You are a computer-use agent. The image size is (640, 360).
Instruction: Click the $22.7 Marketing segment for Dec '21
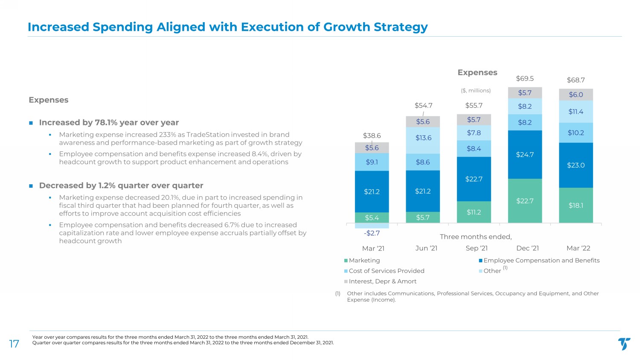pyautogui.click(x=525, y=200)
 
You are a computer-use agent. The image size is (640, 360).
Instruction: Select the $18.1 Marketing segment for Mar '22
pyautogui.click(x=576, y=205)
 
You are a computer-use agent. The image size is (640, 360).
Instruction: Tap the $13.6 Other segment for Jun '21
pyautogui.click(x=423, y=138)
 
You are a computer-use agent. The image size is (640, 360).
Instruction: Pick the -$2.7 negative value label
pyautogui.click(x=372, y=233)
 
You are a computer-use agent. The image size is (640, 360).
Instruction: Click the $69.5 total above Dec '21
pyautogui.click(x=525, y=78)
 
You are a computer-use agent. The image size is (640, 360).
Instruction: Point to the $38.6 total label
pyautogui.click(x=372, y=136)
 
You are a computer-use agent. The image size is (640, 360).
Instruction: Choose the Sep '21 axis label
pyautogui.click(x=477, y=248)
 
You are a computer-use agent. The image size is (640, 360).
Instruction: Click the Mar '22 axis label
pyautogui.click(x=578, y=248)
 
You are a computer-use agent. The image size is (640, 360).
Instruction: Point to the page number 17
pyautogui.click(x=14, y=344)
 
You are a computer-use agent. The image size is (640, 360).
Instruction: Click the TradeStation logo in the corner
pyautogui.click(x=624, y=343)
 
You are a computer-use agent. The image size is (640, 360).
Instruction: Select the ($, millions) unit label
pyautogui.click(x=476, y=90)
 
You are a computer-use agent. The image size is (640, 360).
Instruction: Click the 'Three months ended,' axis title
pyautogui.click(x=475, y=237)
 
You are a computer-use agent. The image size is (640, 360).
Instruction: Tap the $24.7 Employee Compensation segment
pyautogui.click(x=525, y=154)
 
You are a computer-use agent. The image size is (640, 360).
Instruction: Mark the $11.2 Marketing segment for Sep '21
pyautogui.click(x=474, y=212)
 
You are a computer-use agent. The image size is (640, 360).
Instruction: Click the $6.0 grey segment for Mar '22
pyautogui.click(x=576, y=95)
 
